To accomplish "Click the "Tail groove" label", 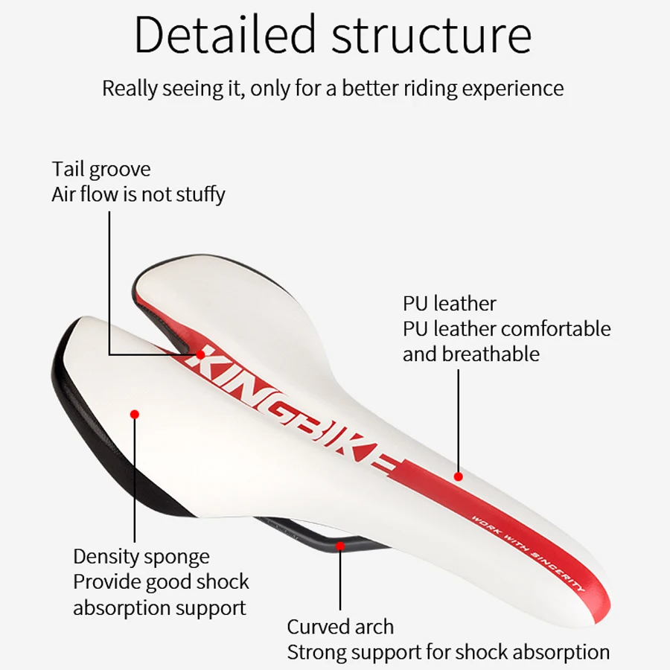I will coord(101,170).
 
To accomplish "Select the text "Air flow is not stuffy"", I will coord(138,195).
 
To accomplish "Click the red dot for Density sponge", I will coord(135,413).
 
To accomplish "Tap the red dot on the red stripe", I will coord(459,476).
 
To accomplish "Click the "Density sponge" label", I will coord(141,557).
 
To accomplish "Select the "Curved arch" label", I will coord(340,627).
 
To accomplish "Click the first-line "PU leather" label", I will coord(449,304).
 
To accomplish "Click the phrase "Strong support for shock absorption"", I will coord(448,653).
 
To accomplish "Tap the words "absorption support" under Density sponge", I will coord(159,607).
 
